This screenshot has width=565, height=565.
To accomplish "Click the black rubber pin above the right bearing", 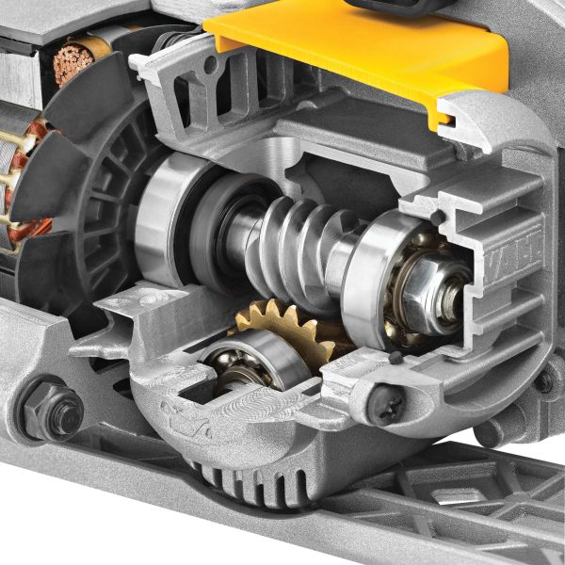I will [x=437, y=218].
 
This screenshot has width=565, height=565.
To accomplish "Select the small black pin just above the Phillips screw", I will [x=395, y=358].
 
